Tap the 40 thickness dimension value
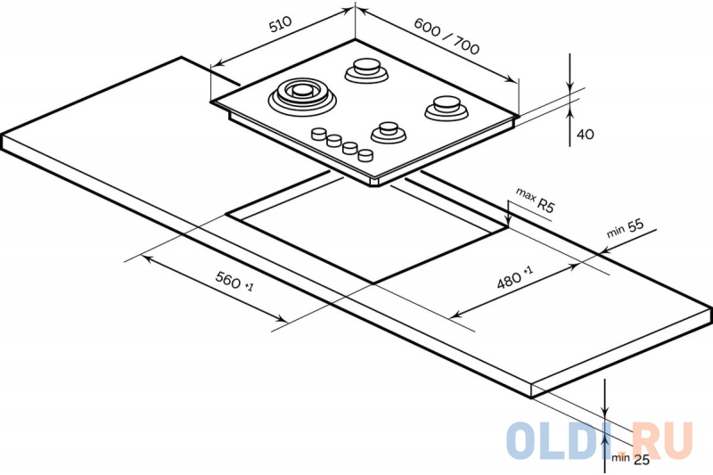point(585,134)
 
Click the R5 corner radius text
point(545,206)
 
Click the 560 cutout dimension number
point(228,282)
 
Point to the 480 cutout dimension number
point(508,279)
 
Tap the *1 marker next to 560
point(249,288)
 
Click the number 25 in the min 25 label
point(640,459)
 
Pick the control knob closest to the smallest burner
point(365,155)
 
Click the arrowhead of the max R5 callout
point(506,225)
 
